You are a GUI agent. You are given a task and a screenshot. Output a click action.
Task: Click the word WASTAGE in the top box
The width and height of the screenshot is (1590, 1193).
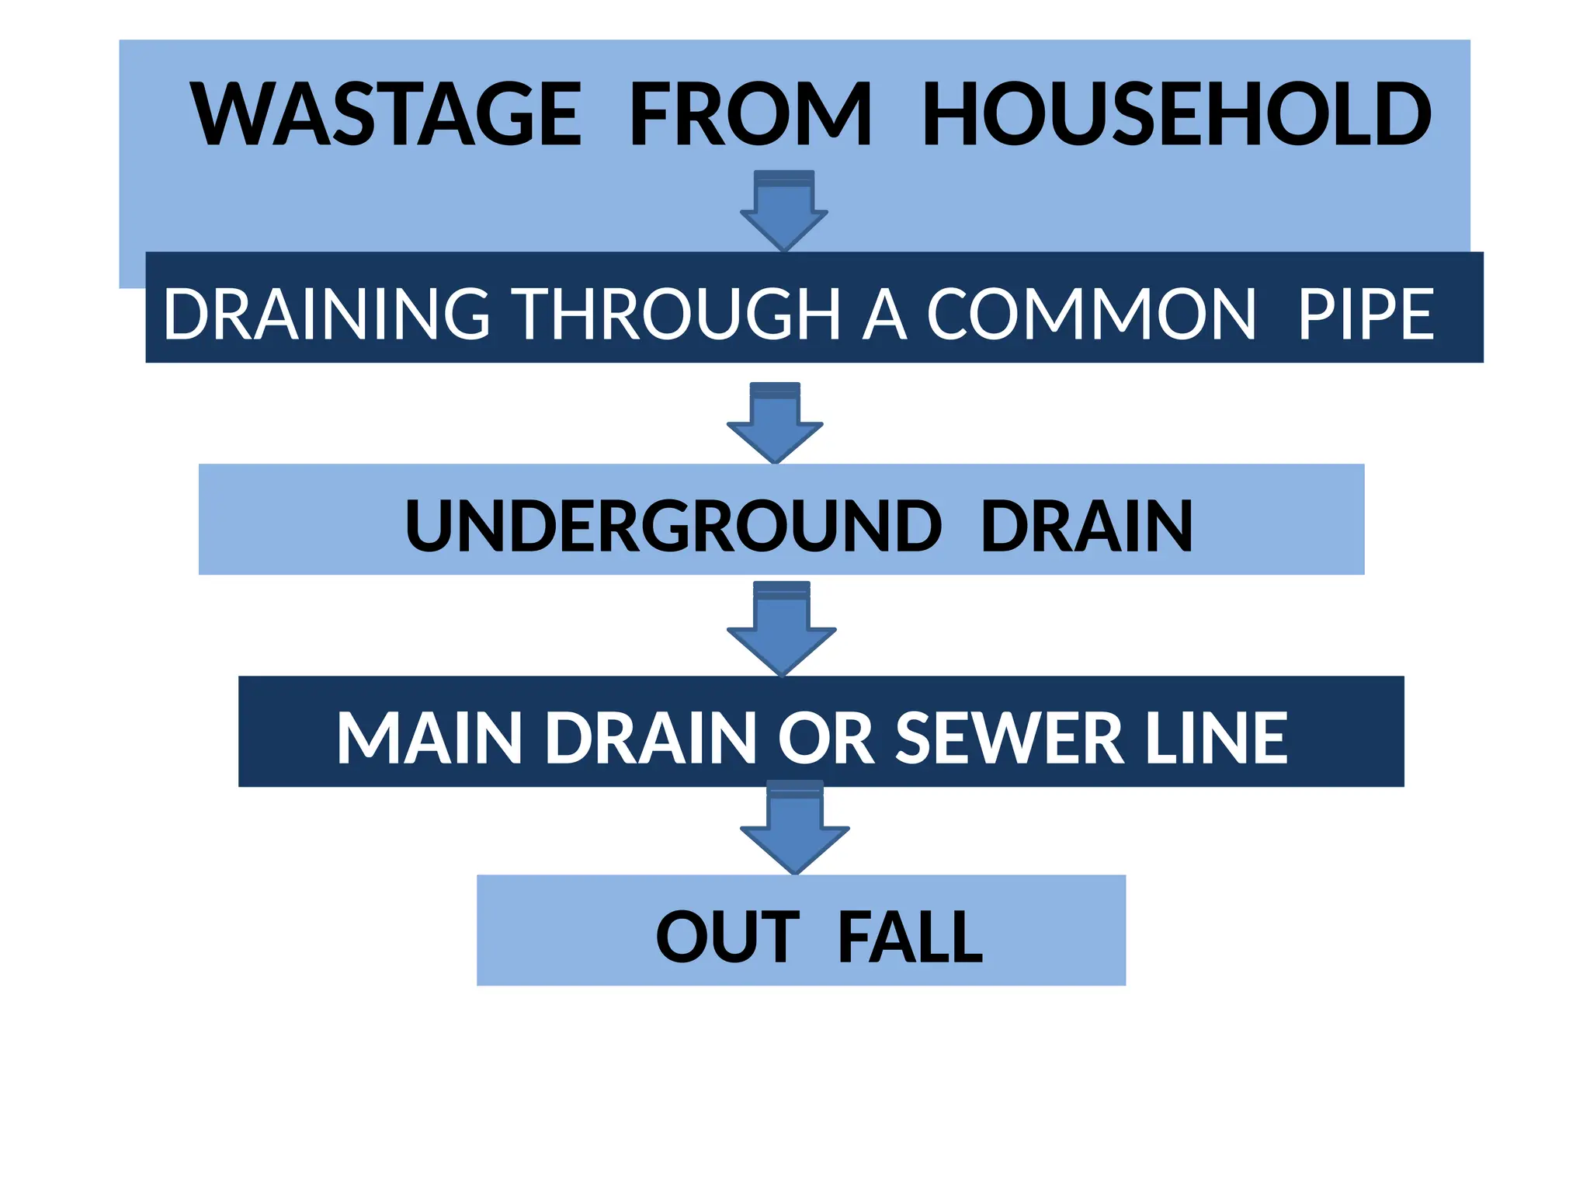point(386,114)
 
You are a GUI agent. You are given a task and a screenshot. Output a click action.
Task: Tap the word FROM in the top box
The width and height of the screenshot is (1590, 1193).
point(750,114)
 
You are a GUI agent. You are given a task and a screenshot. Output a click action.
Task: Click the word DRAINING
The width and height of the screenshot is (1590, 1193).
point(326,314)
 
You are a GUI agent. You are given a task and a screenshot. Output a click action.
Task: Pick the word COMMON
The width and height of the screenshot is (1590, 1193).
point(1090,314)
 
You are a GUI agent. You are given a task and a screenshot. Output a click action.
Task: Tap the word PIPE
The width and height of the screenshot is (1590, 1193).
point(1366,314)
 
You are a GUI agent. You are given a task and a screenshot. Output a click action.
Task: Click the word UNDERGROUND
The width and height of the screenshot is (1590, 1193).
point(672,526)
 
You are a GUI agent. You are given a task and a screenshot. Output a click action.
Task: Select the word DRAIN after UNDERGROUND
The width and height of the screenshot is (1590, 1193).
point(1086,526)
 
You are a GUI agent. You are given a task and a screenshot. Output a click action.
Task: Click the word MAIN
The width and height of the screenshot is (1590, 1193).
point(429,738)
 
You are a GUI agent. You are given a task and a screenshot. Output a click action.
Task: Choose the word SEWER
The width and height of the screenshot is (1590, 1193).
point(1010,738)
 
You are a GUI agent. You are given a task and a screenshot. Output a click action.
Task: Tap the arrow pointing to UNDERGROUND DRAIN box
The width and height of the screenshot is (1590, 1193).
point(775,424)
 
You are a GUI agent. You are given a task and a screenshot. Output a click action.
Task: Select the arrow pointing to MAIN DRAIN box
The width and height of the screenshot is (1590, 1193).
point(782,629)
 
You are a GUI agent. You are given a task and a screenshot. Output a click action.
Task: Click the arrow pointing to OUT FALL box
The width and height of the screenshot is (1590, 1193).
point(794,829)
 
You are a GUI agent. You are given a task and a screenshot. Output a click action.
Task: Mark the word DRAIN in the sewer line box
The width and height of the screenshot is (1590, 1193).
point(651,738)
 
